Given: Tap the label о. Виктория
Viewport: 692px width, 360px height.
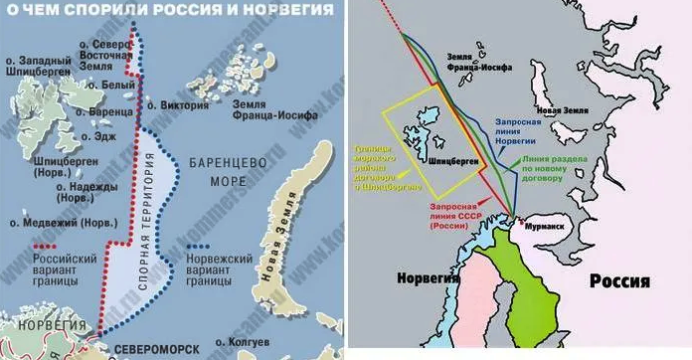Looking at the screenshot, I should [x=182, y=104].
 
